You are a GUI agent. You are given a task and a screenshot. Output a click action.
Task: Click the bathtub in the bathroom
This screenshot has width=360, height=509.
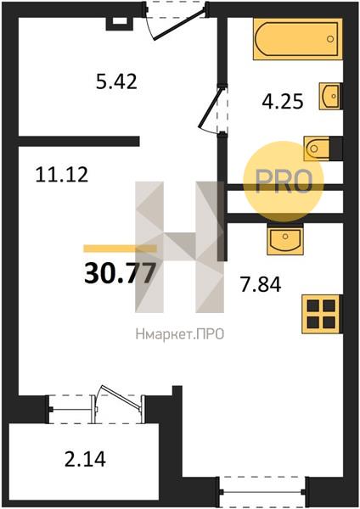point(298,39)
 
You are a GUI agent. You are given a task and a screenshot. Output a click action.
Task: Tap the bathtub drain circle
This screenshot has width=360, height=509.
point(330,39)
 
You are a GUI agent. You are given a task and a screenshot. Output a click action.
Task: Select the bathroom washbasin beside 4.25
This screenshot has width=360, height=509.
point(329,96)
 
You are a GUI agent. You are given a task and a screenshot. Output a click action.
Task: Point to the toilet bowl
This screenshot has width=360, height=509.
point(317,148)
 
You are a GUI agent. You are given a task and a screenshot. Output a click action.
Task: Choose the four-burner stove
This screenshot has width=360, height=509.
point(321,314)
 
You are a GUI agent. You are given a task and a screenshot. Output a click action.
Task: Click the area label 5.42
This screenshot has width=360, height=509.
point(116,81)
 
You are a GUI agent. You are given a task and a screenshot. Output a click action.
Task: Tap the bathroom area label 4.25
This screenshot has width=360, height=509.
point(283,101)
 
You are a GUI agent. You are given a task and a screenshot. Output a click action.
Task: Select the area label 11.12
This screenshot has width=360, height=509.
point(62,174)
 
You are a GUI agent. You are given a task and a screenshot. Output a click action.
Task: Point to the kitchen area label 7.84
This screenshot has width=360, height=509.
point(261,285)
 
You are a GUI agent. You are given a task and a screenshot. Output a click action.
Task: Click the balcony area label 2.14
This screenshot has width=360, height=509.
point(85,459)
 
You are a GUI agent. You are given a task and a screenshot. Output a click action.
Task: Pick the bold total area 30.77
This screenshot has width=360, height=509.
point(120,273)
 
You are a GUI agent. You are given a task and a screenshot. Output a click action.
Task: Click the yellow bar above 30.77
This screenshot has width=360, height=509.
point(120,249)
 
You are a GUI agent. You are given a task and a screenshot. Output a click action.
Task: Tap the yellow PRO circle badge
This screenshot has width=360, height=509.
point(284,182)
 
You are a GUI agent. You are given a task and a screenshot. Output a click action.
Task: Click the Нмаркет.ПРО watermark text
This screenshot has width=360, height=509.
point(180,334)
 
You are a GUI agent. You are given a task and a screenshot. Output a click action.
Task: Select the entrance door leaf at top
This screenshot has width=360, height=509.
point(180,24)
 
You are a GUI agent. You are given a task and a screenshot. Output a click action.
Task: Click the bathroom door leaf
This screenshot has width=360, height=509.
point(211,106)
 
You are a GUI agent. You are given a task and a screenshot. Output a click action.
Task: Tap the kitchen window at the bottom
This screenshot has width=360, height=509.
point(263,491)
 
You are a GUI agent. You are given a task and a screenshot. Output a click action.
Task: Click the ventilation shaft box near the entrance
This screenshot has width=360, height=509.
point(120,23)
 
